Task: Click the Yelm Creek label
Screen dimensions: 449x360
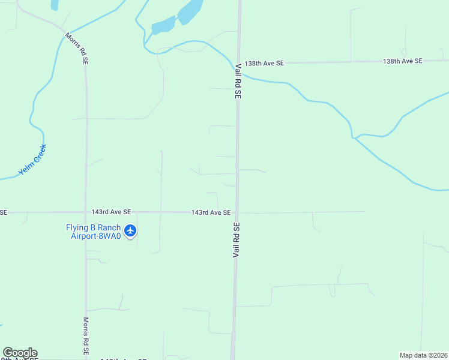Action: pyautogui.click(x=32, y=160)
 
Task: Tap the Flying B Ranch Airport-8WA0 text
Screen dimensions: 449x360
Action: pyautogui.click(x=93, y=232)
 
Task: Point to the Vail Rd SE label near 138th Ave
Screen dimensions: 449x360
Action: pyautogui.click(x=238, y=80)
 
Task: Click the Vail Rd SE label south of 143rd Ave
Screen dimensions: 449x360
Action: pyautogui.click(x=236, y=240)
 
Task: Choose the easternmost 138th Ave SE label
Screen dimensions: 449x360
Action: pyautogui.click(x=403, y=61)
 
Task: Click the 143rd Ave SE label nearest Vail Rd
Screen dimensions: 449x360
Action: pyautogui.click(x=211, y=212)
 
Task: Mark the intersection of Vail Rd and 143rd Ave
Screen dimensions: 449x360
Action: pyautogui.click(x=237, y=212)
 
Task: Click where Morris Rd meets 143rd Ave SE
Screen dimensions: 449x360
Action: pyautogui.click(x=86, y=212)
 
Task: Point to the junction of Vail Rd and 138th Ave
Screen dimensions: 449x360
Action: pyautogui.click(x=239, y=62)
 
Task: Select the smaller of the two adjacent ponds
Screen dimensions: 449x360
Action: pyautogui.click(x=163, y=26)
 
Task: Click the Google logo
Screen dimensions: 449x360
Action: pyautogui.click(x=20, y=353)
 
